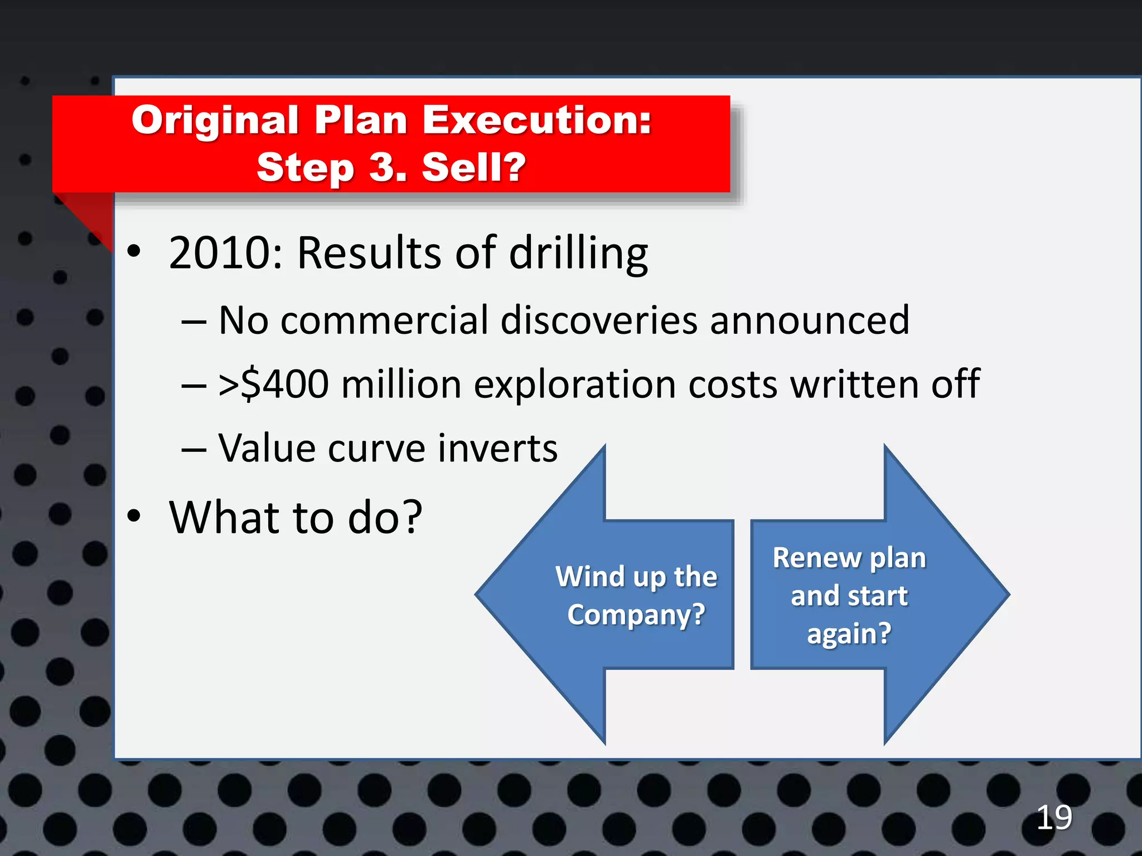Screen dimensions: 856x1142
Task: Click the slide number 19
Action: click(x=1054, y=818)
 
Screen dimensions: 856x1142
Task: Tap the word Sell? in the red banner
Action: click(x=474, y=167)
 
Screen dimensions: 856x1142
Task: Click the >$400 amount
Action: click(x=273, y=385)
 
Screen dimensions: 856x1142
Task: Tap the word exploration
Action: click(x=575, y=386)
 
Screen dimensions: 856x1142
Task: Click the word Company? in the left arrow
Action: click(x=636, y=615)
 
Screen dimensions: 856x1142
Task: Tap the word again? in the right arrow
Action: click(x=849, y=634)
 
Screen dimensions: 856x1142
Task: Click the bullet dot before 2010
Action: click(x=134, y=251)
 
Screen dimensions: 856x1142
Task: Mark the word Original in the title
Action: click(x=215, y=120)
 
